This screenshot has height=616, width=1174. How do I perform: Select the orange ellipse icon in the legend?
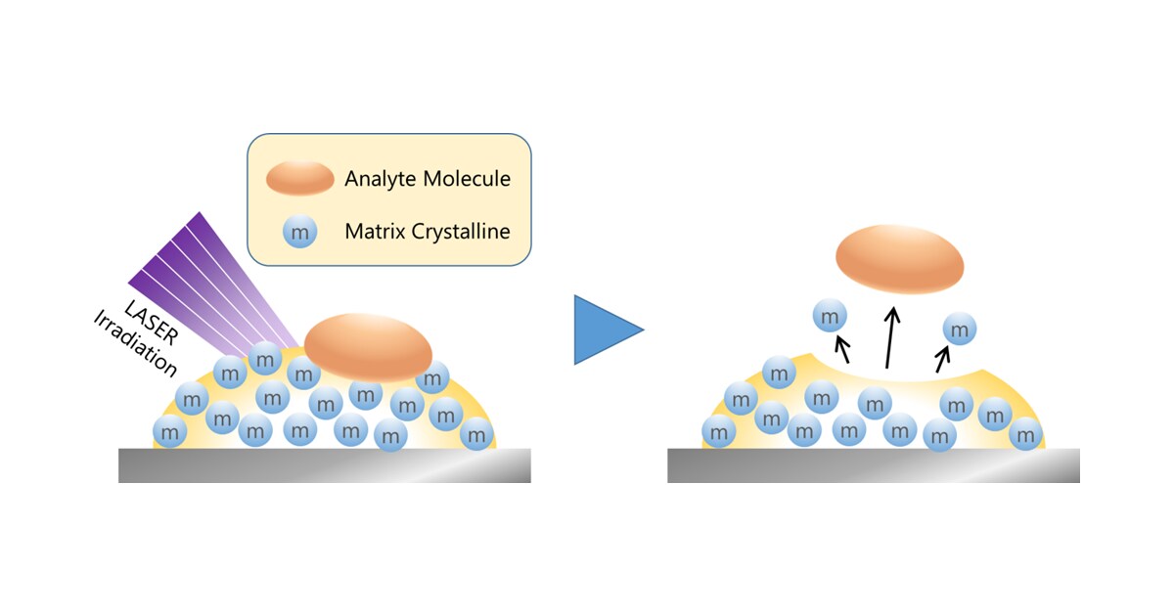click(300, 178)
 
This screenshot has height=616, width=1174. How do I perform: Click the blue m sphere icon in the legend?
click(300, 233)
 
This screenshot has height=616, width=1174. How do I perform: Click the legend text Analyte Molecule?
click(428, 179)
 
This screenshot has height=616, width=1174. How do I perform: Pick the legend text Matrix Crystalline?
click(428, 233)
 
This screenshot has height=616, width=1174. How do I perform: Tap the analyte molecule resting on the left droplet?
click(368, 347)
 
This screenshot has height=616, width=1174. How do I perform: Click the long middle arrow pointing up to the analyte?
click(889, 338)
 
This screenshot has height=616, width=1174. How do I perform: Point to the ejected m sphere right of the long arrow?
click(959, 330)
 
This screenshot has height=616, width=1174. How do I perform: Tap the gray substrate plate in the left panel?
click(324, 465)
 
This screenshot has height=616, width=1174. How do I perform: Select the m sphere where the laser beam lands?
click(264, 358)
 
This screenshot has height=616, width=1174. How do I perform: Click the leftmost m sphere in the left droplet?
click(170, 430)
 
